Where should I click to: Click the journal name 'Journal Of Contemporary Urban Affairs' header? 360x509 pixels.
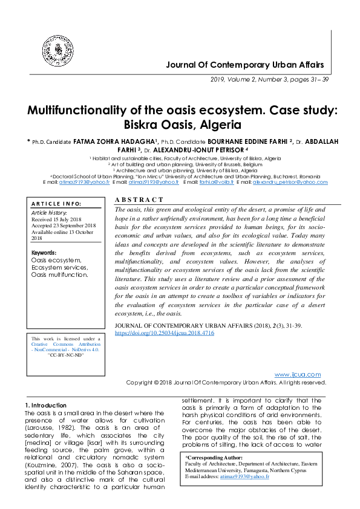pos(245,65)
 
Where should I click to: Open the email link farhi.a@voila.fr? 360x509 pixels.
pos(217,182)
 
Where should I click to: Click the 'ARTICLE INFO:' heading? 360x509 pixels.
pos(56,204)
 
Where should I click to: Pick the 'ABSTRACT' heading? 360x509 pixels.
pos(139,200)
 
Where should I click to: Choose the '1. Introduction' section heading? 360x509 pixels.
pos(45,405)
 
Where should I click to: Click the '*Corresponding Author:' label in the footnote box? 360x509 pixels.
pos(214,458)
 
